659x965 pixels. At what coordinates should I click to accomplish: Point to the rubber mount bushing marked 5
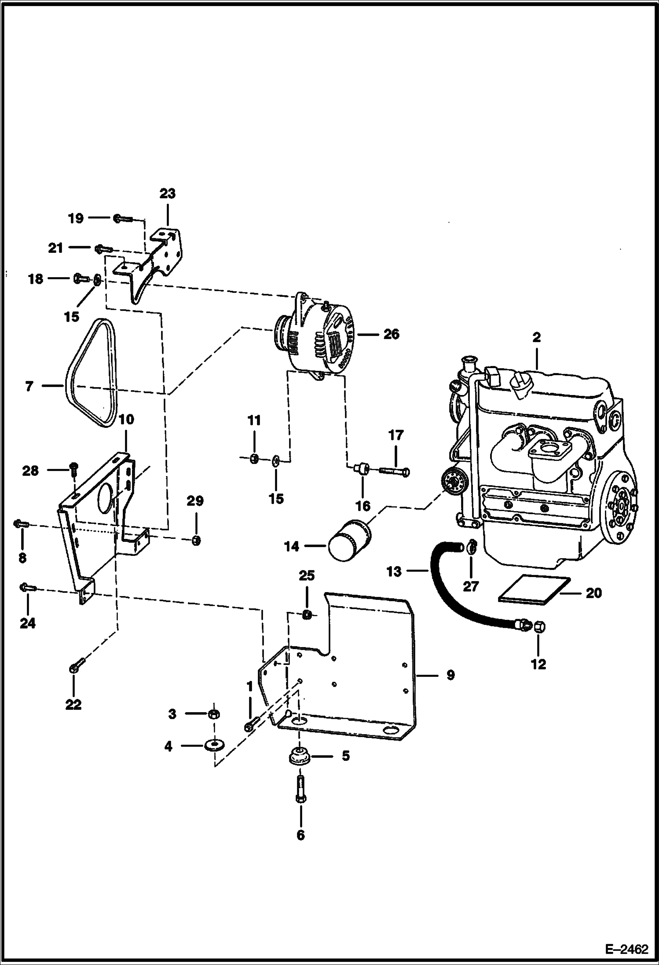click(300, 755)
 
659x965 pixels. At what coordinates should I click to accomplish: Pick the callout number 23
click(167, 194)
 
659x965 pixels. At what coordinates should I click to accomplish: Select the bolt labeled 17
click(394, 471)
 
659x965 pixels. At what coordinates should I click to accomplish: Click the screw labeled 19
click(123, 218)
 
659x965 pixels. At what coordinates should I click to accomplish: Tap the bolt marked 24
click(28, 587)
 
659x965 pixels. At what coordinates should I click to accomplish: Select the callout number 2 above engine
click(536, 338)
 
